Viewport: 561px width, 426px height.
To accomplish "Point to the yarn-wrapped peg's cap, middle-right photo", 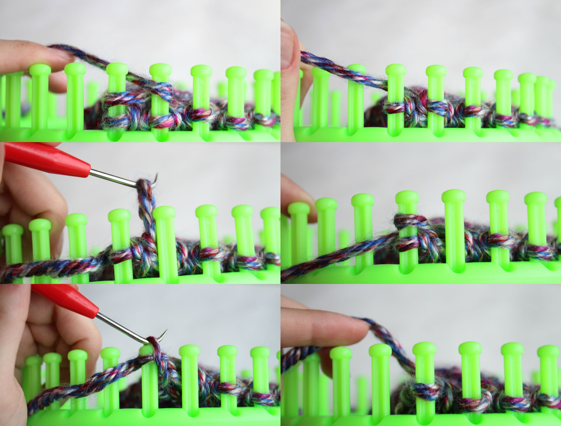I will pos(406,197).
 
